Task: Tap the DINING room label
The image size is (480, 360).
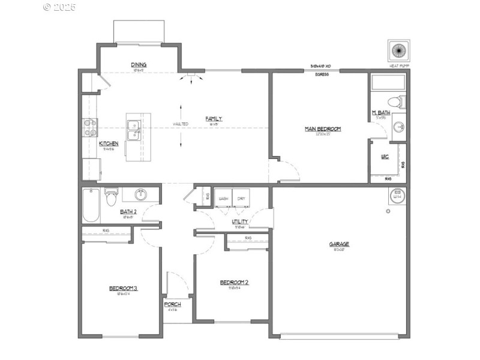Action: pos(139,65)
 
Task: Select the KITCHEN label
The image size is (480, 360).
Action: pos(109,143)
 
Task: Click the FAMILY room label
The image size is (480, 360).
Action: pos(214,119)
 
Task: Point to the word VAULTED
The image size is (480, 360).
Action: pos(181,124)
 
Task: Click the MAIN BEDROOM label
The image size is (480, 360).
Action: pos(323,128)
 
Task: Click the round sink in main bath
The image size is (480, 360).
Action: pos(399,127)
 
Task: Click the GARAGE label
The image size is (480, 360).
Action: pos(339,244)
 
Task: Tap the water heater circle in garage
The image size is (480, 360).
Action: pos(397,195)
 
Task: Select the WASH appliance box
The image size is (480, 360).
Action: pos(224,199)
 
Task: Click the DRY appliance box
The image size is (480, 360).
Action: pos(241,199)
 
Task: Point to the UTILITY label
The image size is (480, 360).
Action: pos(241,222)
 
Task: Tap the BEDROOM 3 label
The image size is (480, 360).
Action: pos(124,289)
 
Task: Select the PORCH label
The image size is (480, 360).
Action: pos(172,305)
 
